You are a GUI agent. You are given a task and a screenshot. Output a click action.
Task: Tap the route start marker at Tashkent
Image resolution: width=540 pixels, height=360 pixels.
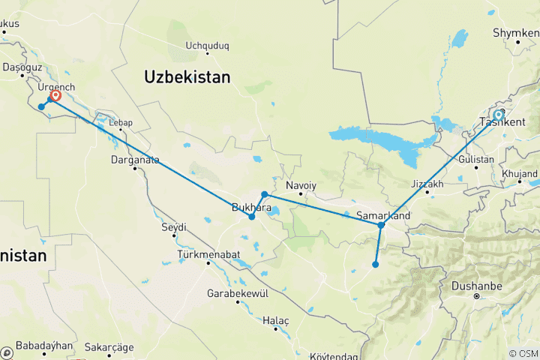tap(498, 115)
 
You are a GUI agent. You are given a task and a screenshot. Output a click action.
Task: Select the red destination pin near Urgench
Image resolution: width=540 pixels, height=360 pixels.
tap(55, 95)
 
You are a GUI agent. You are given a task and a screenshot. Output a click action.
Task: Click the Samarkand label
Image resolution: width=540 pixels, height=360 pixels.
tap(382, 216)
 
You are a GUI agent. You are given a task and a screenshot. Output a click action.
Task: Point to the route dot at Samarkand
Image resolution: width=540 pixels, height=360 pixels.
tap(381, 225)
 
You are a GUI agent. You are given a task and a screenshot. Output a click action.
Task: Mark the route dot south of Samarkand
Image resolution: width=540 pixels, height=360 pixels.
tap(375, 264)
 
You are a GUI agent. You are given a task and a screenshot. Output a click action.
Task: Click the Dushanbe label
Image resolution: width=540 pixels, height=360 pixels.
tap(475, 286)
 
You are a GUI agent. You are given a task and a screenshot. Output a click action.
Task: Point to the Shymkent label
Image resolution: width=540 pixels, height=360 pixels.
tap(516, 33)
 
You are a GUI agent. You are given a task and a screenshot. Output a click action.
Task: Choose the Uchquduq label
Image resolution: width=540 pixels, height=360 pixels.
tap(208, 45)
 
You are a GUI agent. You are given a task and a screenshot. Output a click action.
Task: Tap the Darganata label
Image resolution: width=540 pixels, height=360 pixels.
tap(135, 159)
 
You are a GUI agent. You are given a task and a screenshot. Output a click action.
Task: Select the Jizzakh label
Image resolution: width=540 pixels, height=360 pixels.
tap(427, 184)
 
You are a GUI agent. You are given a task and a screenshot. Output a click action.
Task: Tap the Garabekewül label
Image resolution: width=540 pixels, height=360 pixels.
tap(237, 293)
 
